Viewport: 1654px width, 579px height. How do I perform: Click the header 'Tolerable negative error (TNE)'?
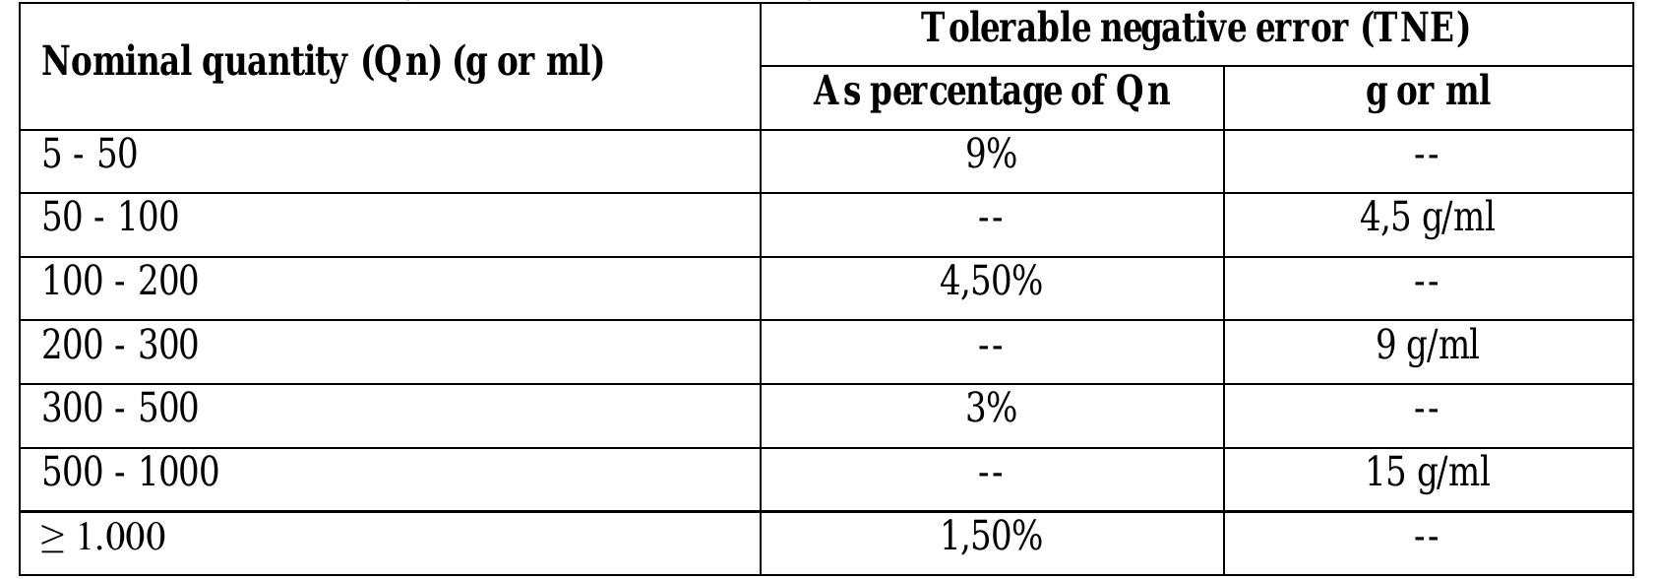[1195, 29]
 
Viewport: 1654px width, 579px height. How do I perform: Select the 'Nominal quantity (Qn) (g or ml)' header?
[323, 63]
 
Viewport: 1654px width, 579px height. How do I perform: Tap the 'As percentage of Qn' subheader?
[991, 93]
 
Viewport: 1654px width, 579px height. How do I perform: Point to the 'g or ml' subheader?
[1428, 93]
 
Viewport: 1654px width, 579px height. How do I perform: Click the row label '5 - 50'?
[90, 155]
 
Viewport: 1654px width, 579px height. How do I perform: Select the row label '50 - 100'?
[110, 218]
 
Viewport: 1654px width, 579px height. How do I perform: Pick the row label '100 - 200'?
[120, 282]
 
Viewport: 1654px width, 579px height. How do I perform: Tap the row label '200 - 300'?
[120, 346]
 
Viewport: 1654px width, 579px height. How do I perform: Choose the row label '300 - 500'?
[120, 409]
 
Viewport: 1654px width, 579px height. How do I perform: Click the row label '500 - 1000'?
[130, 473]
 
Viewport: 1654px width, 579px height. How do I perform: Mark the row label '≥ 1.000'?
[103, 538]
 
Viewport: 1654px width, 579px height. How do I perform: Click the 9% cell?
[991, 155]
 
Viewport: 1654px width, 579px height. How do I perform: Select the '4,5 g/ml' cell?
[1428, 218]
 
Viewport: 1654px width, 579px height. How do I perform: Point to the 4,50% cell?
[991, 283]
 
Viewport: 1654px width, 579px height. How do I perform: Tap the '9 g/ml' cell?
[1428, 346]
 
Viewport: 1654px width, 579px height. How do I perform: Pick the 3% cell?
[991, 409]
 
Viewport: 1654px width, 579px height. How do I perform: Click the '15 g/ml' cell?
[1428, 473]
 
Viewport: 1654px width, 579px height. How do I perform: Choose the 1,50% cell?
[991, 538]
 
